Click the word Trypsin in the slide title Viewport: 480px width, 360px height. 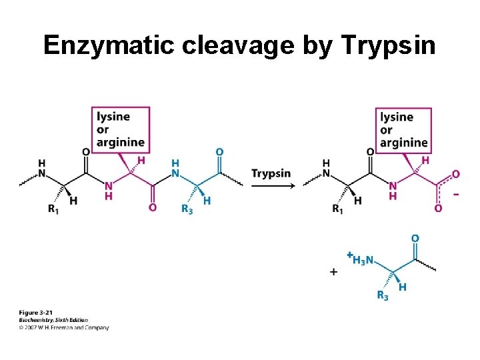click(388, 45)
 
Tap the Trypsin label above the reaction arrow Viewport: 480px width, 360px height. click(271, 173)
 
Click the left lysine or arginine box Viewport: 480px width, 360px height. click(120, 129)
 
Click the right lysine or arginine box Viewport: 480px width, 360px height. click(403, 129)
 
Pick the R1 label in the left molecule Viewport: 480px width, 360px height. click(53, 209)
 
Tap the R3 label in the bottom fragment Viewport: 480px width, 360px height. click(383, 295)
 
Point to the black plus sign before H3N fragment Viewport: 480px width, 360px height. click(333, 272)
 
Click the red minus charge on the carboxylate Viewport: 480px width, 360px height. click(455, 194)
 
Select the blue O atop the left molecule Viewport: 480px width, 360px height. click(219, 151)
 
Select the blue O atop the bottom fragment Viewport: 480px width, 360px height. click(415, 238)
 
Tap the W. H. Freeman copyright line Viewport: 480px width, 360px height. click(64, 327)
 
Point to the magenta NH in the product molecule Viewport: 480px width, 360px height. click(393, 191)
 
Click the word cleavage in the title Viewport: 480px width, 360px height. click(255, 45)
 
